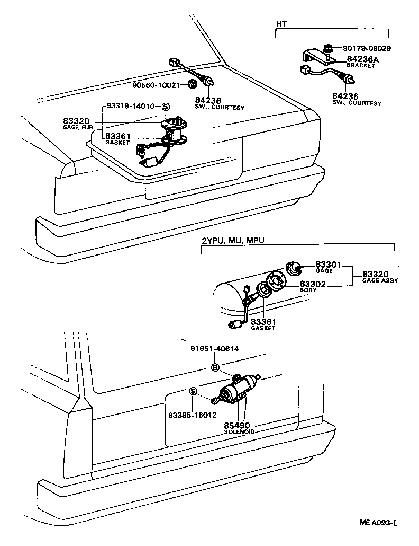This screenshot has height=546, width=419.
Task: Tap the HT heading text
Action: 281,24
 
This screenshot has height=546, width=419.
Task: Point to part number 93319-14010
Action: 131,106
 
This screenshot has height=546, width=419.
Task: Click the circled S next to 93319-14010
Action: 165,106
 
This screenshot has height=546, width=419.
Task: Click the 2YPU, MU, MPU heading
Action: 233,240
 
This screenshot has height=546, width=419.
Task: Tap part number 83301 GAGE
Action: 327,266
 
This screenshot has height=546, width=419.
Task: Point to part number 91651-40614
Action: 214,348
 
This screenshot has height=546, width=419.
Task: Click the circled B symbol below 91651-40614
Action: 215,367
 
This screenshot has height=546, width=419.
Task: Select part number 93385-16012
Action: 193,415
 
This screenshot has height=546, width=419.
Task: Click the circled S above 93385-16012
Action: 193,392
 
